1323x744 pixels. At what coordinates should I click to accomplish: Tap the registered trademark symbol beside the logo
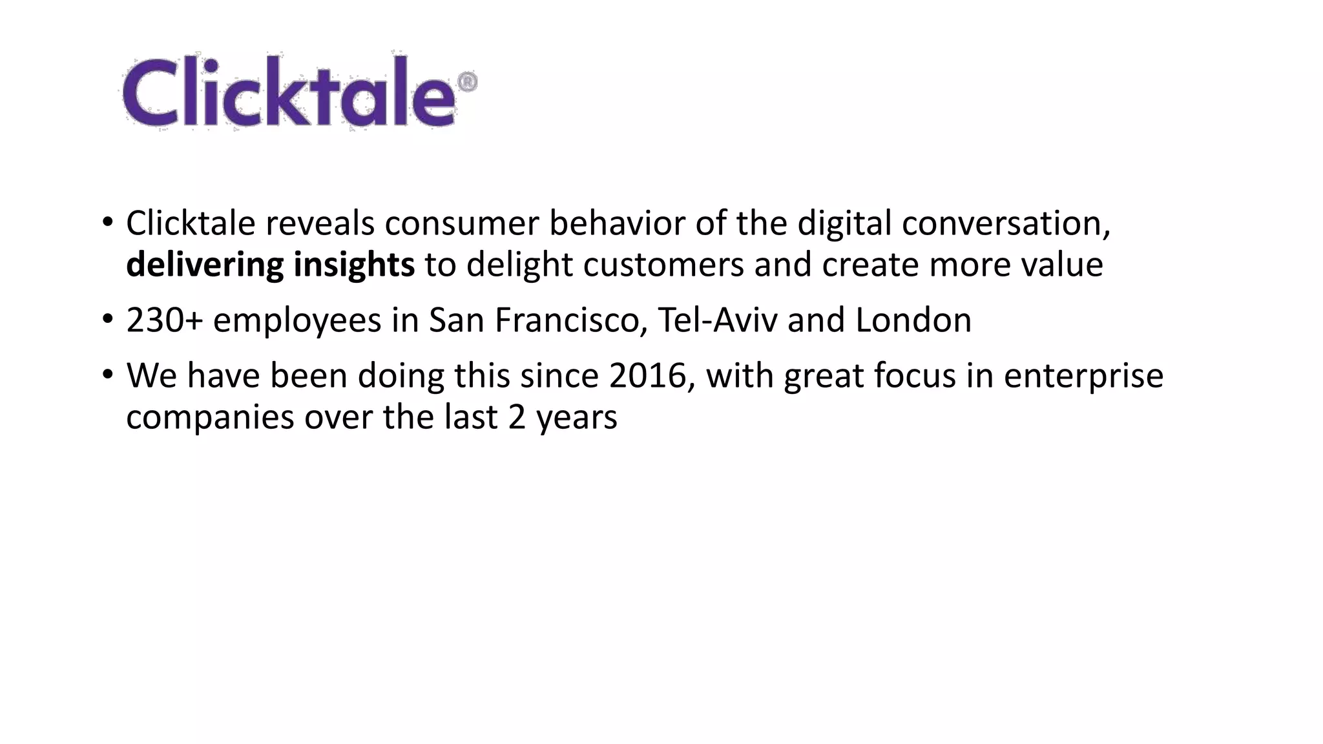pyautogui.click(x=467, y=82)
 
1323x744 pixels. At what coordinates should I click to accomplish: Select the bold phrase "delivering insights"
pyautogui.click(x=270, y=265)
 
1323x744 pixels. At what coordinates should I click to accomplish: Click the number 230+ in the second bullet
pyautogui.click(x=164, y=320)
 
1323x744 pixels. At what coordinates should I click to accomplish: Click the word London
pyautogui.click(x=913, y=320)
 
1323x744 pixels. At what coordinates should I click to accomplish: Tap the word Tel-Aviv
pyautogui.click(x=717, y=320)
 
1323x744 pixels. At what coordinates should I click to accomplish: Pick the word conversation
pyautogui.click(x=1005, y=223)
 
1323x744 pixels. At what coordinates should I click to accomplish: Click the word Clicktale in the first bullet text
pyautogui.click(x=191, y=223)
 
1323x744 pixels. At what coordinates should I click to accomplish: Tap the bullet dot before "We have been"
pyautogui.click(x=107, y=375)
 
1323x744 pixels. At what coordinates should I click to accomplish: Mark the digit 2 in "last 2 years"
pyautogui.click(x=517, y=417)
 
